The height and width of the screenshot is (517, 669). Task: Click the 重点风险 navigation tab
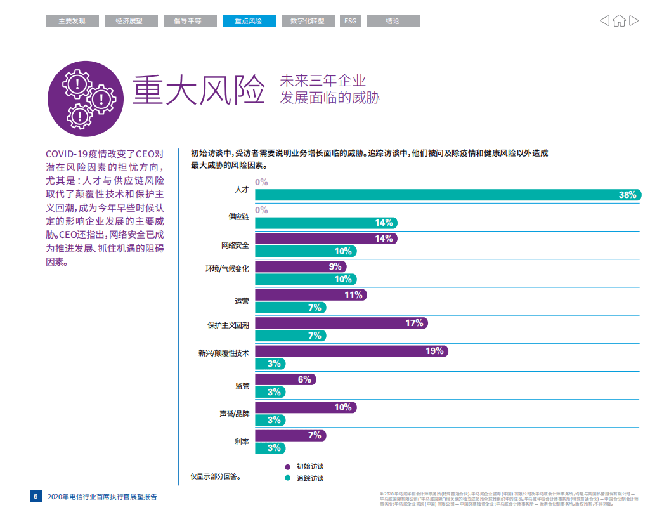(x=249, y=21)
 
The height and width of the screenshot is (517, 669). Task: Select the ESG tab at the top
(x=350, y=21)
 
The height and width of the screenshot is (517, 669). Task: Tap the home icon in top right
(x=619, y=21)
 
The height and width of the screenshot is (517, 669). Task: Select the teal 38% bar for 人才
(x=448, y=195)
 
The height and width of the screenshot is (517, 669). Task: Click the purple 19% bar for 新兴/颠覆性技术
(x=351, y=351)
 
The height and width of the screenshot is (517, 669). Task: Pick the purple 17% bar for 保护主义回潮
(x=341, y=323)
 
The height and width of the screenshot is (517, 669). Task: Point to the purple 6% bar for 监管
(x=285, y=379)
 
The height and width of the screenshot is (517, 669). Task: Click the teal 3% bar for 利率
(x=270, y=448)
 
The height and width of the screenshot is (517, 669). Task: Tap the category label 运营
(x=242, y=301)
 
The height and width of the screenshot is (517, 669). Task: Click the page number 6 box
(x=36, y=496)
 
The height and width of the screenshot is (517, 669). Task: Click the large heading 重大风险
(x=197, y=90)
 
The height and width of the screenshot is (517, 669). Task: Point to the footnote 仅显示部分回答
(x=216, y=475)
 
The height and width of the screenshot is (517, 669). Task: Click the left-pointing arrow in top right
(x=604, y=21)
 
